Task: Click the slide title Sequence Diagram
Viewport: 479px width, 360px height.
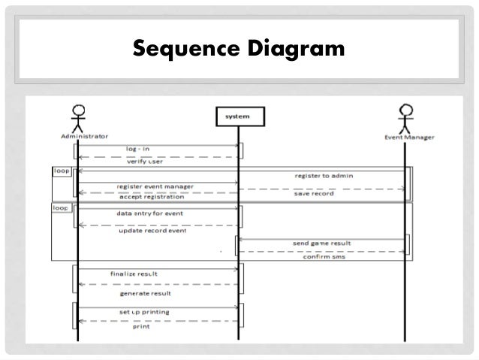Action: coord(239,49)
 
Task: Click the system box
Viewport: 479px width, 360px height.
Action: coord(238,116)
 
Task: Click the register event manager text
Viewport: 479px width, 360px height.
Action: coord(155,186)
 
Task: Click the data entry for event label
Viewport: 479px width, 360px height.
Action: coord(149,213)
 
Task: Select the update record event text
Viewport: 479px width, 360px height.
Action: coord(152,230)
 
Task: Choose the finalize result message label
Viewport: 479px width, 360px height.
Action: coord(134,274)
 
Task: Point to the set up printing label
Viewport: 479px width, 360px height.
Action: coord(144,311)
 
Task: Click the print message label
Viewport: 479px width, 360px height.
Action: coord(140,327)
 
